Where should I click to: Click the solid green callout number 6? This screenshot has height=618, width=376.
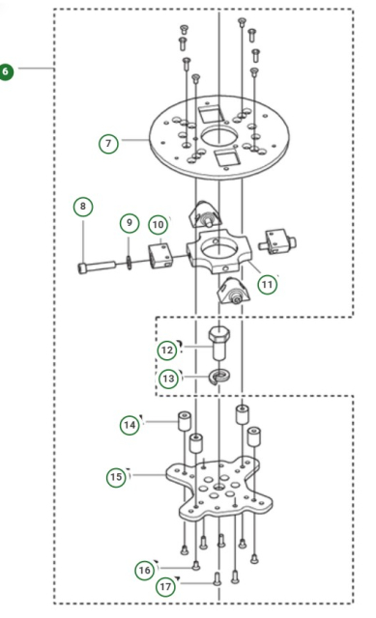point(7,71)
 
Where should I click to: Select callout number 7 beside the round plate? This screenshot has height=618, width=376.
point(108,144)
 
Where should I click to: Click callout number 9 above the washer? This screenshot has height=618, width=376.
point(130,223)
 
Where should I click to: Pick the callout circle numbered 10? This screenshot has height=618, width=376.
point(159,225)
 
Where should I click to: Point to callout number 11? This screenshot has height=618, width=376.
point(268,285)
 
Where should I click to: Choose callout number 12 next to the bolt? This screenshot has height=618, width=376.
point(168,350)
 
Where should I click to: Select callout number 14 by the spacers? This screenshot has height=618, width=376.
point(130,425)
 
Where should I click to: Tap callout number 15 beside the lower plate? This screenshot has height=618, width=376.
point(117,476)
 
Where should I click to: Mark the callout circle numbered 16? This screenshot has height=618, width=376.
point(144,571)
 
